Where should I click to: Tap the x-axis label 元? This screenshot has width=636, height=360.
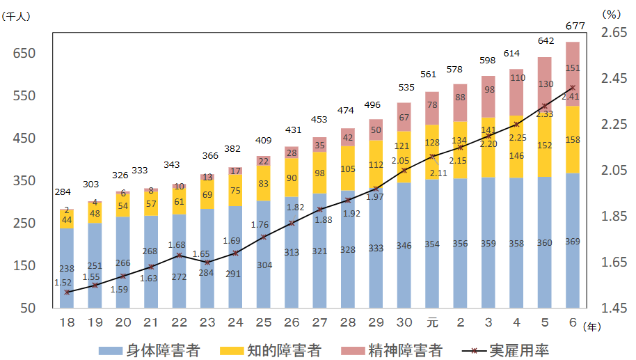point(431,322)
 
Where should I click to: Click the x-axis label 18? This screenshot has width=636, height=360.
point(66,322)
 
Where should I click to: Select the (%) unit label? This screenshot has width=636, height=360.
point(611,13)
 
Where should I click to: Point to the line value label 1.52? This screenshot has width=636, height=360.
point(63,283)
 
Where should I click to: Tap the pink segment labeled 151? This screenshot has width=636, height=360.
point(573,68)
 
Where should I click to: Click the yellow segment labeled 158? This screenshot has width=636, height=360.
point(573,140)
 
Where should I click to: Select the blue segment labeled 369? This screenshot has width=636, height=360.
point(573,241)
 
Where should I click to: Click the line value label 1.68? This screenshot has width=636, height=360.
point(178,244)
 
